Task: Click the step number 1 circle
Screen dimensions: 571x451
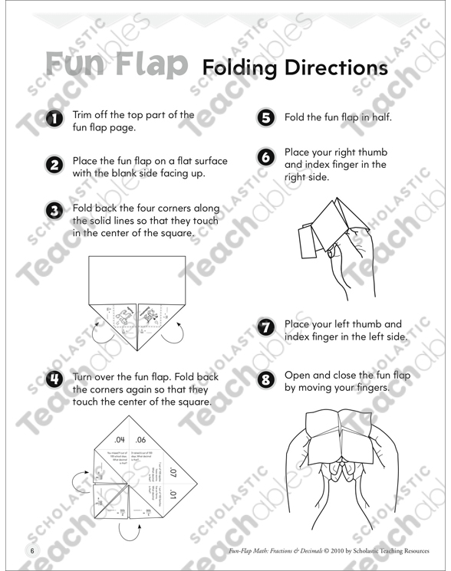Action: tap(54, 120)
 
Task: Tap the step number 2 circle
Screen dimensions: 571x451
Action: tap(54, 166)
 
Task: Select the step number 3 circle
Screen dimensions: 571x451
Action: tap(54, 211)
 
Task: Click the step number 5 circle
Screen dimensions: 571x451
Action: tap(267, 118)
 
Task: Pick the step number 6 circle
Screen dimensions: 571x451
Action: tap(267, 156)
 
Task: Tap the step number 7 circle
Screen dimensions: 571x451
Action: tap(267, 328)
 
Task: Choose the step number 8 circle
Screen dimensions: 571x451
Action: tap(267, 379)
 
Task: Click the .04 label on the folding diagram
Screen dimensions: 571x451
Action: tap(119, 440)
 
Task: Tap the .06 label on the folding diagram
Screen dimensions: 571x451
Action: tap(140, 440)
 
